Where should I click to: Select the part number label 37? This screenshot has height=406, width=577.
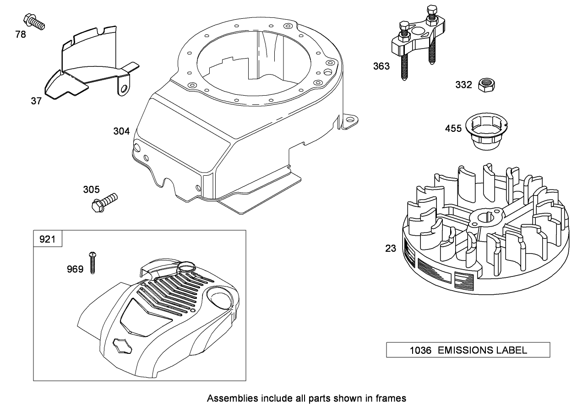pos(36,101)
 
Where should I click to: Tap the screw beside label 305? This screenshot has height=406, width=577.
pos(104,202)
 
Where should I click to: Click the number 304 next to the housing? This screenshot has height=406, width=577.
pos(121,131)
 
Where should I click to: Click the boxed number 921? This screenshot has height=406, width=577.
pos(47,239)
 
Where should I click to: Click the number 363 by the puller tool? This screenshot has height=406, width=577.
pos(381,66)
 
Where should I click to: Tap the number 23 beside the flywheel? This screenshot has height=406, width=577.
pos(390,249)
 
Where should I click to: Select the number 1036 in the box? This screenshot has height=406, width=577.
pos(420,351)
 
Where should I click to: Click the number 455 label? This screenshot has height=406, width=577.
pos(453,129)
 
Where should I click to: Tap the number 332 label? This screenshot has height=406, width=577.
pos(463,85)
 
